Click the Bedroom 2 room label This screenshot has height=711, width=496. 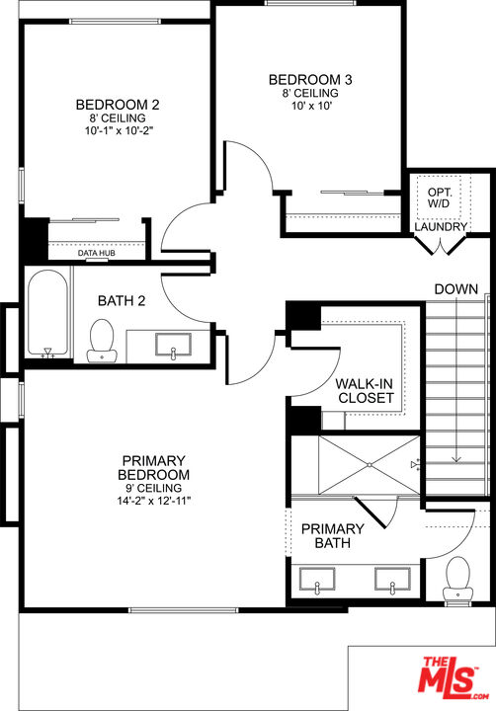point(118,105)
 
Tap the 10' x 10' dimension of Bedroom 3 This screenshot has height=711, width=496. point(310,106)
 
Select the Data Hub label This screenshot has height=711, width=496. point(96,253)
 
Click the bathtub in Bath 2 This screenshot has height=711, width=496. point(47,314)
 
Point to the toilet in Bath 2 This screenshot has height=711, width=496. point(102,341)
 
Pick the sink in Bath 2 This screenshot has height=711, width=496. point(173,346)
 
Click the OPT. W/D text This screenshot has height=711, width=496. point(439,198)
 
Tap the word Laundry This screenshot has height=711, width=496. point(441,227)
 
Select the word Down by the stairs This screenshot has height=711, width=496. point(456,289)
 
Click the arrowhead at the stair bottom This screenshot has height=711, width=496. point(456,459)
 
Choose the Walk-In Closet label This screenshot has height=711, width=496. point(365,391)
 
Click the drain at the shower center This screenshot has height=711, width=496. point(370,465)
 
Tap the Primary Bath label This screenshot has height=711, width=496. point(333,535)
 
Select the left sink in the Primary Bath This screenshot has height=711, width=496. point(317,580)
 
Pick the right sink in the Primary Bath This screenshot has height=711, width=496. point(392,580)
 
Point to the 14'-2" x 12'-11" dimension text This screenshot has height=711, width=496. point(154,501)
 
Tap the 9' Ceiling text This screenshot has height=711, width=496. point(154,489)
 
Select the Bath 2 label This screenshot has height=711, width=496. point(122,300)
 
